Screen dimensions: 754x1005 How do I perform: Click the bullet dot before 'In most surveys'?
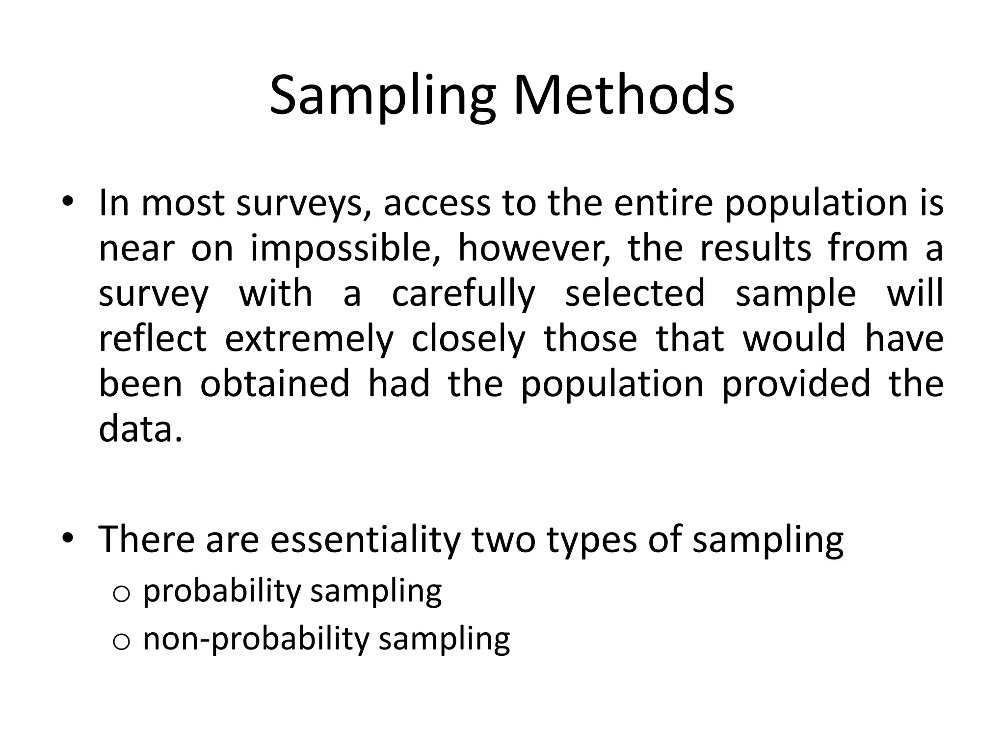(x=67, y=203)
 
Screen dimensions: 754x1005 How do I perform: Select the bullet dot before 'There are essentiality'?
(x=67, y=539)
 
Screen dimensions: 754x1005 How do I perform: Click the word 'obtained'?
(x=275, y=384)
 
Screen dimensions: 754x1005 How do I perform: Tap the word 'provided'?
(x=795, y=384)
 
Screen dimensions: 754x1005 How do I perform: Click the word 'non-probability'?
(x=256, y=639)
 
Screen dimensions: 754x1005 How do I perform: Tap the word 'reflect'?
(x=153, y=339)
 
